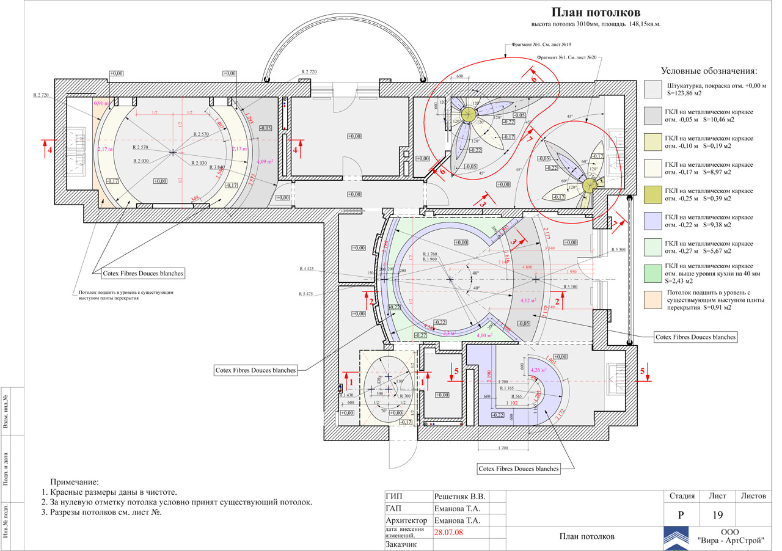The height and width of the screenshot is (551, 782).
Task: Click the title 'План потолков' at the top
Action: (x=596, y=12)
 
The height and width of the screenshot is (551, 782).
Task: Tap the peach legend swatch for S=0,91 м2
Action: (x=652, y=299)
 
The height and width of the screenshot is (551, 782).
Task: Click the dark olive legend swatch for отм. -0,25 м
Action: (x=652, y=194)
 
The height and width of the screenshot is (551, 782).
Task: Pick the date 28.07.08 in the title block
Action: (x=448, y=532)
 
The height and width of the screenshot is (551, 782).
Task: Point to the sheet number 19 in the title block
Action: (x=718, y=516)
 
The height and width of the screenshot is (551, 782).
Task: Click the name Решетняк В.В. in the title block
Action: (x=459, y=496)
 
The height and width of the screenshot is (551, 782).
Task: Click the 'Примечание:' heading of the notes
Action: (x=74, y=483)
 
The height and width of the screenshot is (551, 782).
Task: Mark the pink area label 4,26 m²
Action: (x=539, y=370)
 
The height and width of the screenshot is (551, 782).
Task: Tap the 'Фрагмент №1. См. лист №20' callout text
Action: (x=566, y=57)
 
